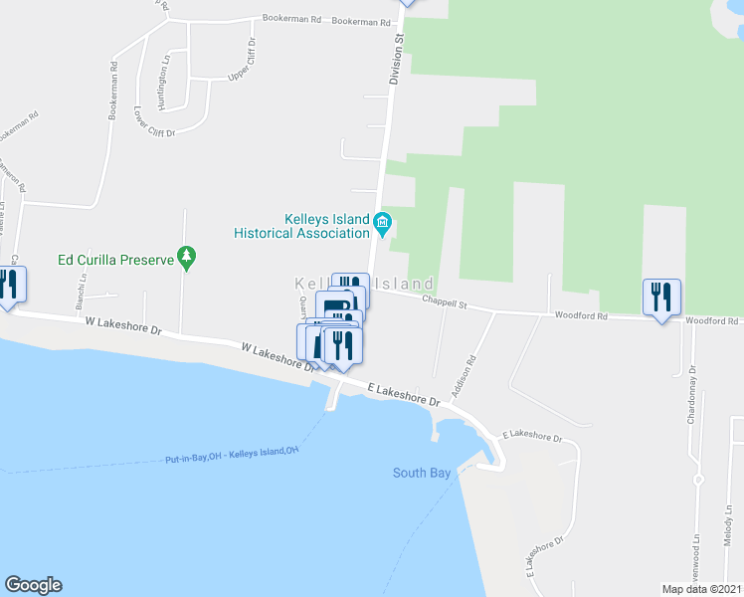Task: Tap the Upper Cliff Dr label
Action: [241, 61]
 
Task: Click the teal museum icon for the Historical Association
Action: [383, 222]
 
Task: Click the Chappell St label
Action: [444, 300]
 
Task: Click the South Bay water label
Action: [422, 474]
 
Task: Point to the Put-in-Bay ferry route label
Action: [232, 456]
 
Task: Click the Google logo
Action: [33, 585]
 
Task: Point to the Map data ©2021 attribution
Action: [700, 589]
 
